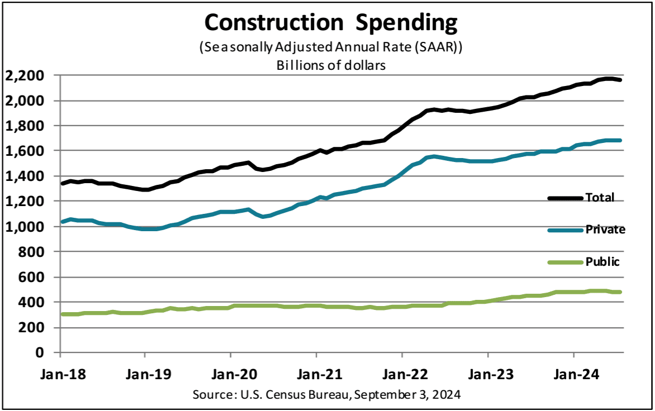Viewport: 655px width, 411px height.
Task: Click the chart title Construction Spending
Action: [x=331, y=23]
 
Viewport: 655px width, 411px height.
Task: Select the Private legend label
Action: [x=605, y=230]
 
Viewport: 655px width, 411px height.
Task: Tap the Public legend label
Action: [x=602, y=261]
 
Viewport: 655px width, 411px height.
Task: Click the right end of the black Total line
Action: [x=620, y=80]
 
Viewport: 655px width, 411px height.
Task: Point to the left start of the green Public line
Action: [x=61, y=314]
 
